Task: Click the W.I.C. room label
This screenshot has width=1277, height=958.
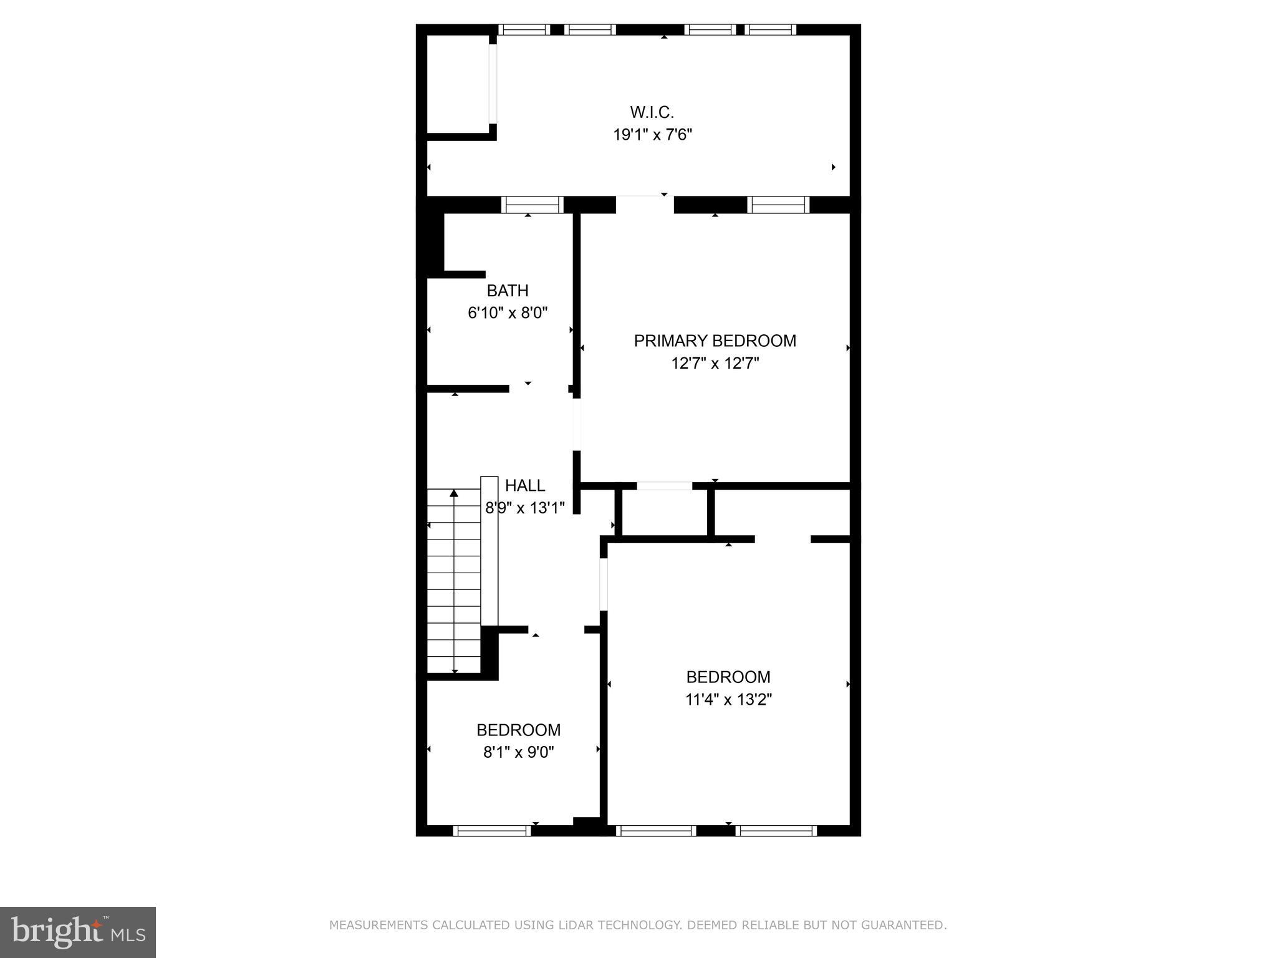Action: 652,112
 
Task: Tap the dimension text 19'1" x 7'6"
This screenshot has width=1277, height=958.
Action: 652,135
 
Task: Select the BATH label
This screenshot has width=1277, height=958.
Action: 507,291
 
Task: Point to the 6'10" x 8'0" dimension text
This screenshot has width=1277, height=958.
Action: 507,312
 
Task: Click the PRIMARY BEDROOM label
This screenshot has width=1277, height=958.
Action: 715,341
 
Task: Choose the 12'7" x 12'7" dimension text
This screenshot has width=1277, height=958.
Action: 715,363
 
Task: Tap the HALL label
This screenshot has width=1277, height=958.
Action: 524,485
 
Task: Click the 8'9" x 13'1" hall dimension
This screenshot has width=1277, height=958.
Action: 524,508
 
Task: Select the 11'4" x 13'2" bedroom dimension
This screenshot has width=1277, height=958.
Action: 728,700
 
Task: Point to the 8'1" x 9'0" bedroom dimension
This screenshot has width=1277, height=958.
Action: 518,752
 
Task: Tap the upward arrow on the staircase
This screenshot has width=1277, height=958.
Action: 454,494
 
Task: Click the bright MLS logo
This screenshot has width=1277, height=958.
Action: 78,932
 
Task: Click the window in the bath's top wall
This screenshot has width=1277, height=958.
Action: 532,205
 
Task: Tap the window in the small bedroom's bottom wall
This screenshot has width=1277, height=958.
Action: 491,830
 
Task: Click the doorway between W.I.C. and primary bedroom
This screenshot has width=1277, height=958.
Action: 645,205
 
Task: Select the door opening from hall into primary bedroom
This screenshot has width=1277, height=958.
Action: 577,424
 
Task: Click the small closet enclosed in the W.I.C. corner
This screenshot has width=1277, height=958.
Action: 457,84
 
